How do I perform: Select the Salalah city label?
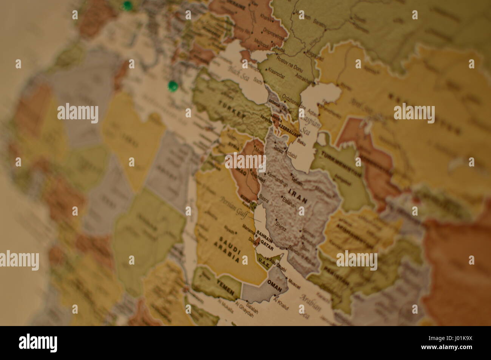[x=252, y=309]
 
